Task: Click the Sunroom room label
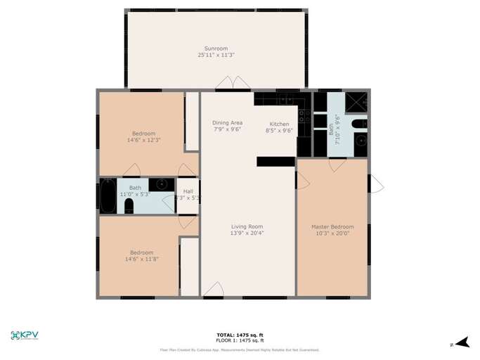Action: click(x=216, y=49)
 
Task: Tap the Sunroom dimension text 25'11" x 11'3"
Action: click(x=216, y=55)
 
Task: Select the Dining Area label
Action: click(x=227, y=123)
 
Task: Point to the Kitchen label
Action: click(x=279, y=124)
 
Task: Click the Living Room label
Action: click(x=247, y=226)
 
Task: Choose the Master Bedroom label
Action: click(x=332, y=226)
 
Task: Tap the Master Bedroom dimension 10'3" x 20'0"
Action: click(x=332, y=233)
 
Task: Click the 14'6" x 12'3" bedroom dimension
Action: click(x=144, y=140)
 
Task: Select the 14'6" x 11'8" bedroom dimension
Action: click(x=141, y=259)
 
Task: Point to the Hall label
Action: click(x=188, y=191)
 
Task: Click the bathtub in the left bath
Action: click(x=108, y=196)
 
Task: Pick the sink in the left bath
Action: click(x=162, y=184)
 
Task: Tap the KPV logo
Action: click(x=25, y=335)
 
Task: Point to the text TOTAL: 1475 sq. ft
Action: click(x=240, y=335)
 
